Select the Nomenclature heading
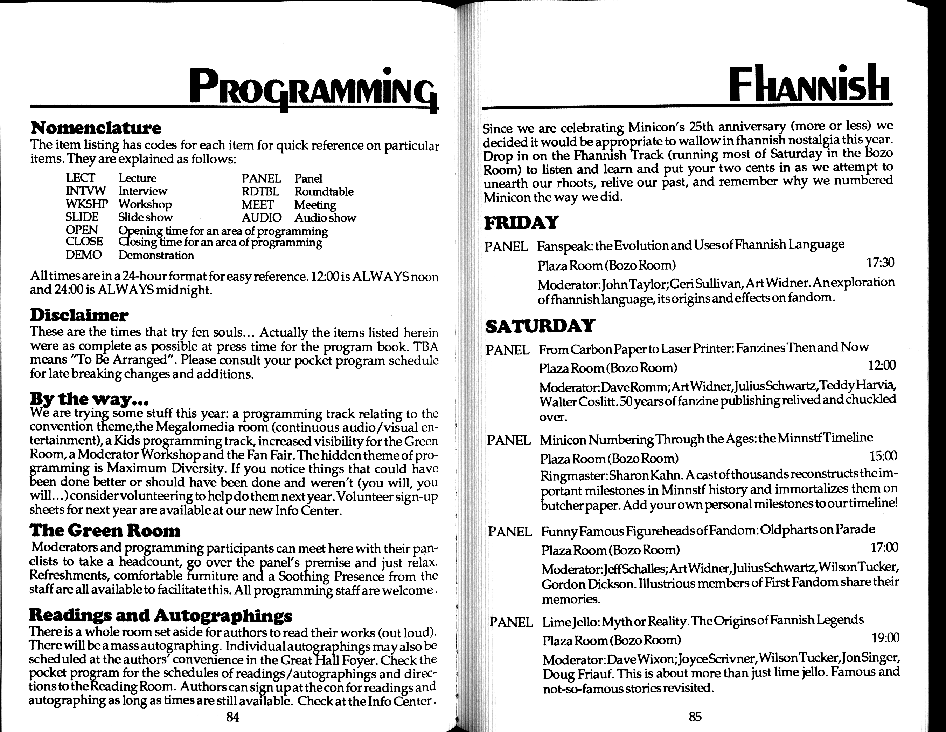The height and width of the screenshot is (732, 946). click(96, 128)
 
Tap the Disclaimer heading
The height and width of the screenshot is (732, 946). click(79, 315)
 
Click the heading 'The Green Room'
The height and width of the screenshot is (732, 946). click(105, 530)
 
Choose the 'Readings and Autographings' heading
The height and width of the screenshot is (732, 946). click(160, 615)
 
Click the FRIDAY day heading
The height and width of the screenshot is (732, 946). click(522, 223)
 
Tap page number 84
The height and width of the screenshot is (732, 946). click(232, 717)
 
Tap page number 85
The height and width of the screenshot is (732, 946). click(695, 716)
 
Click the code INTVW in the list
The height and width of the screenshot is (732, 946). click(86, 191)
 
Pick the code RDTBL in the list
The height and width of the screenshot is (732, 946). click(260, 191)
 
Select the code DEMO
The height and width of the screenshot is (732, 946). click(84, 255)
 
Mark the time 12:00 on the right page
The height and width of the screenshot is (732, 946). click(882, 366)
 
